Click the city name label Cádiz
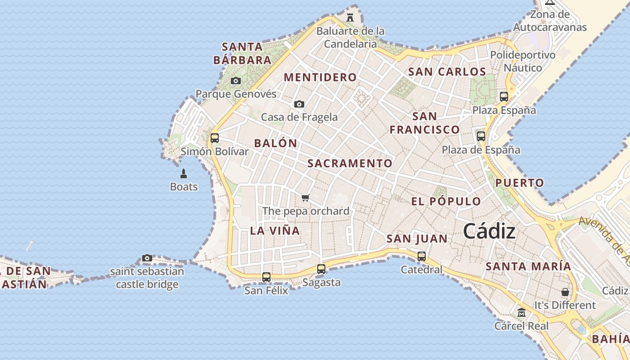tap(489, 232)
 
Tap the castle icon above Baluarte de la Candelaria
tap(350, 18)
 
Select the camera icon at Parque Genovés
tap(235, 81)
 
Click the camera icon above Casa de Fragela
tap(299, 104)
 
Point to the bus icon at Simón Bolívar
tap(215, 138)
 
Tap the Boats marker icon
tap(184, 173)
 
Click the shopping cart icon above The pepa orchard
tap(306, 198)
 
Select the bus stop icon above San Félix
tap(266, 277)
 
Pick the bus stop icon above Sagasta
tap(321, 269)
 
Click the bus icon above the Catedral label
tap(422, 256)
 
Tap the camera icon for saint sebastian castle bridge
tap(147, 258)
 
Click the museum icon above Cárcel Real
tap(522, 312)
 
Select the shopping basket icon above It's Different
tap(565, 292)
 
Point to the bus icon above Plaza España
tap(504, 97)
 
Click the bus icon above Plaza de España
tap(481, 136)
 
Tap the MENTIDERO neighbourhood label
tap(320, 77)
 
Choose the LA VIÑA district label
tap(274, 231)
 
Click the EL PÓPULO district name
tap(446, 201)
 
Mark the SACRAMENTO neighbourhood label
tap(350, 163)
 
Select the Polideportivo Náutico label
tap(522, 61)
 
